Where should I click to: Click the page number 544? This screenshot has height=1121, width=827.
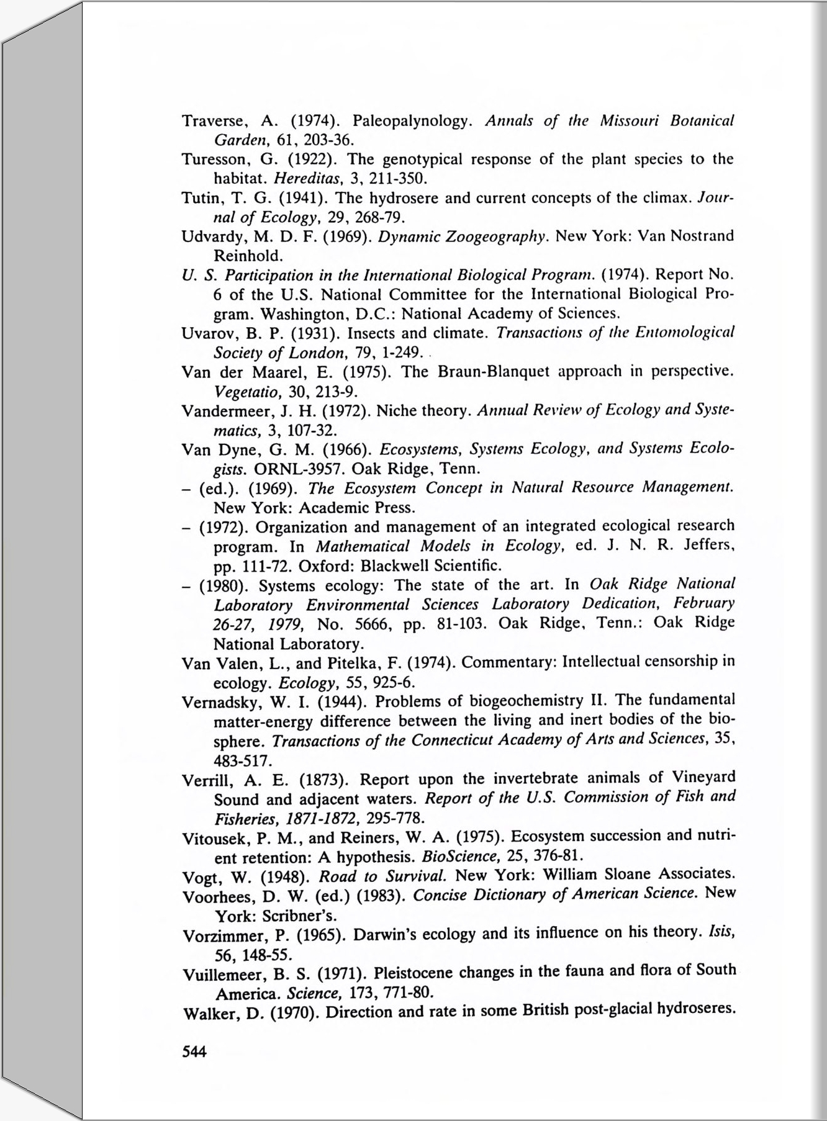[x=194, y=1051]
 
